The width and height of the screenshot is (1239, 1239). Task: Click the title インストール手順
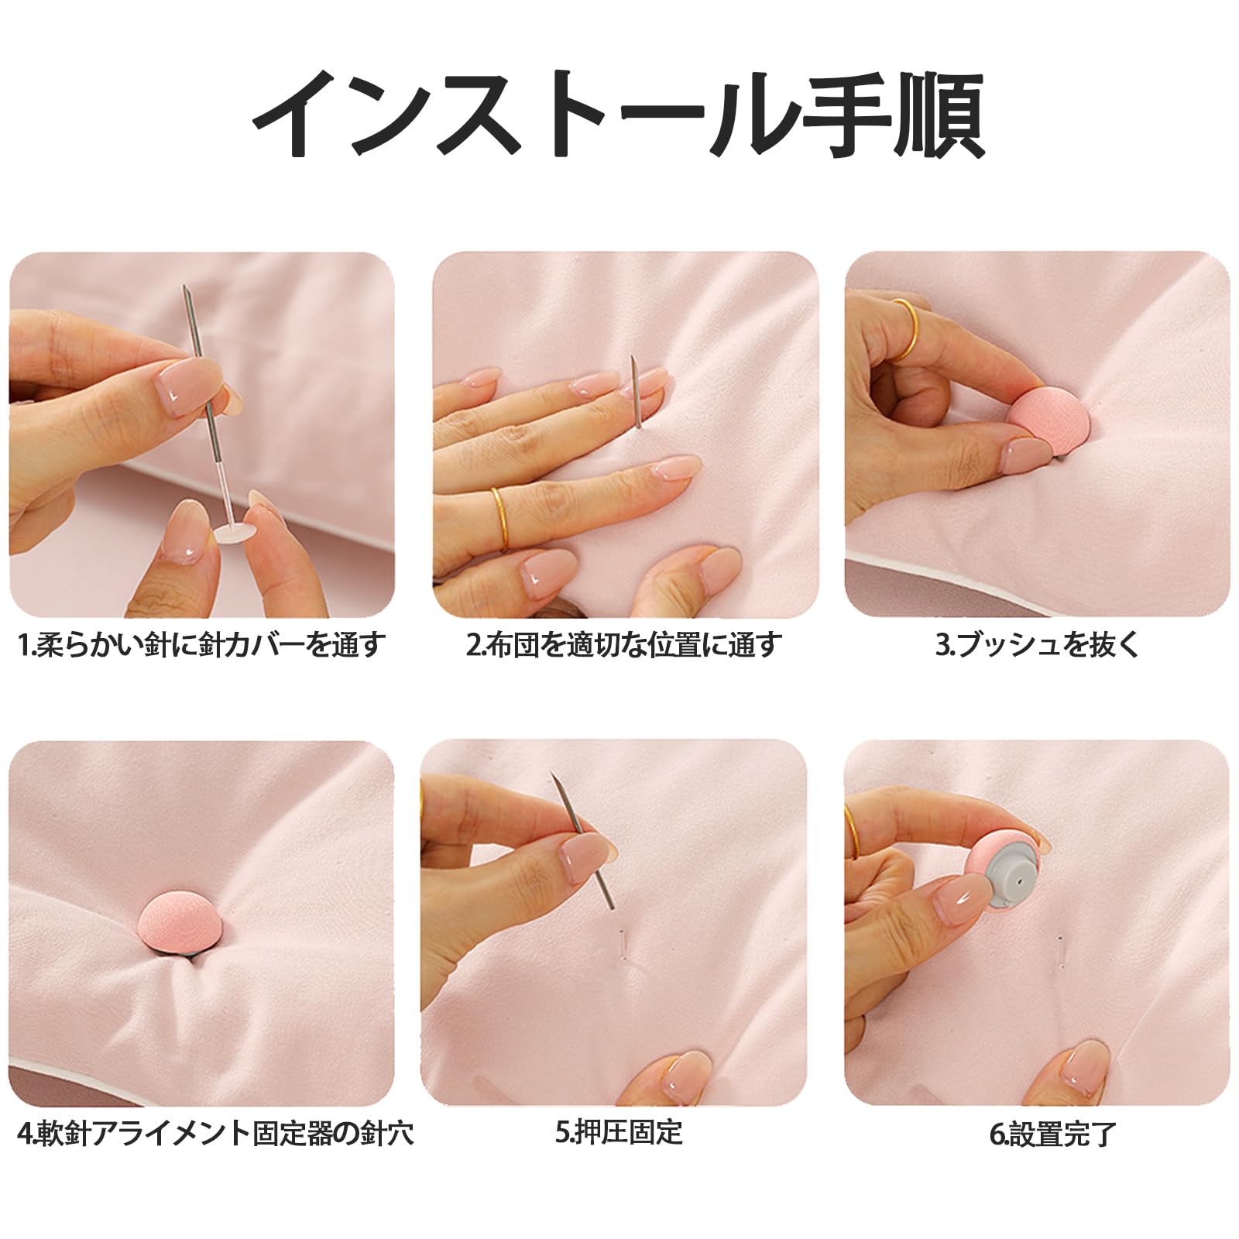click(619, 115)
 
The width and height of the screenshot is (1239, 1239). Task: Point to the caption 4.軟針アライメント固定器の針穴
click(215, 1134)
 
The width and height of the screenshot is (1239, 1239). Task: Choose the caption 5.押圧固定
click(619, 1133)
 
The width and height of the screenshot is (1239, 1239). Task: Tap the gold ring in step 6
click(850, 831)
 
